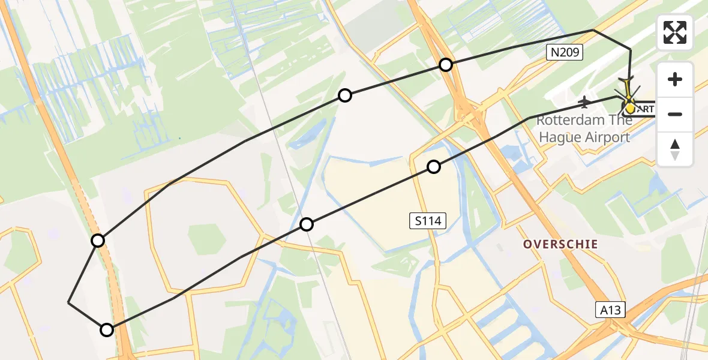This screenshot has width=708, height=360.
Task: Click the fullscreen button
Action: [675, 32]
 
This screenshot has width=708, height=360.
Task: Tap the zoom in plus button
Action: [675, 80]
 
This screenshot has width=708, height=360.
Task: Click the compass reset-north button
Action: [675, 149]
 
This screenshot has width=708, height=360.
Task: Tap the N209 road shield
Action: [565, 53]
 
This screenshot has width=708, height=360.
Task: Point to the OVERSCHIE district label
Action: [560, 244]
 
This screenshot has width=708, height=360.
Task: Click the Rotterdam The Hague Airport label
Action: [584, 128]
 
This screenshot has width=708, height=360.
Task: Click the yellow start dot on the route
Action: [630, 108]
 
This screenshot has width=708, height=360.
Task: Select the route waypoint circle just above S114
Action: [434, 167]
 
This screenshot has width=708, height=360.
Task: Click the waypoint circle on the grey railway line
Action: [307, 224]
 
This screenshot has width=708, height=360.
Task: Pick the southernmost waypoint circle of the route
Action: [107, 329]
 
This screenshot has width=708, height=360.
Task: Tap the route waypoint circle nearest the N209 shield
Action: [445, 65]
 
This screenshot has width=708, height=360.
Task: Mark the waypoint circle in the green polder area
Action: [345, 95]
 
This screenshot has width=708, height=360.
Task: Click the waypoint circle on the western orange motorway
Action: [98, 241]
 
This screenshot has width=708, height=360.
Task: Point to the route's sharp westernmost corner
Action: [69, 303]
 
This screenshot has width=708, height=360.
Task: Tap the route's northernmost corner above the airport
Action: [593, 30]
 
